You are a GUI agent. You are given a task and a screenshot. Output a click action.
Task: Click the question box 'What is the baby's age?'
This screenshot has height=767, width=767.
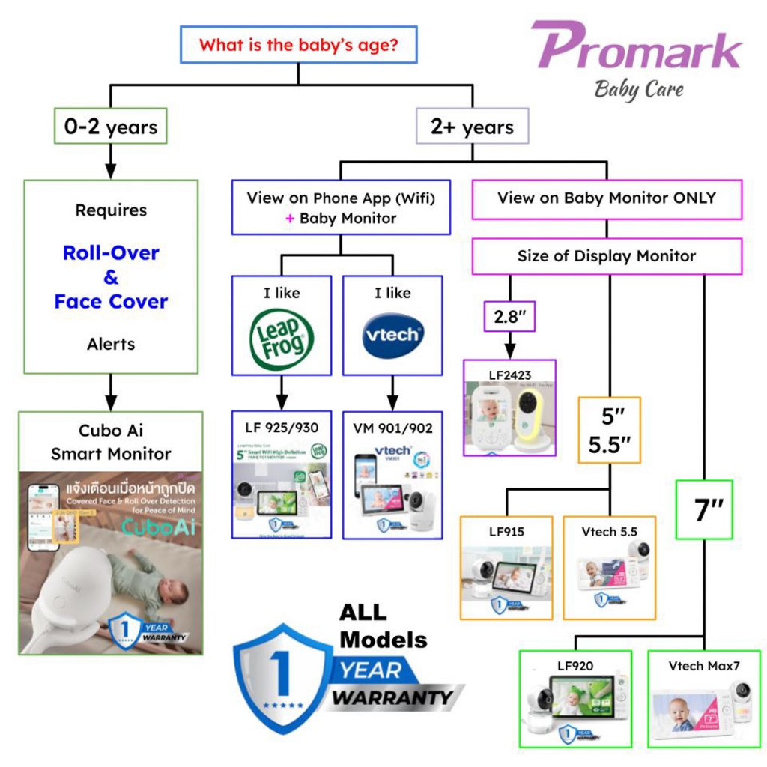click(x=298, y=45)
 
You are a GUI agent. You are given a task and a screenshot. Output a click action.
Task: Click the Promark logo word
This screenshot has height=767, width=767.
click(x=637, y=46)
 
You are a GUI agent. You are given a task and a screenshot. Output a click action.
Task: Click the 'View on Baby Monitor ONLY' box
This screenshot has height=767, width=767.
click(x=607, y=198)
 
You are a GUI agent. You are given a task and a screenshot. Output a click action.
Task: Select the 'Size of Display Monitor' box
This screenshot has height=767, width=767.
click(x=607, y=256)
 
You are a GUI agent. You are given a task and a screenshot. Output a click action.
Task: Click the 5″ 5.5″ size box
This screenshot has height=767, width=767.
click(x=609, y=430)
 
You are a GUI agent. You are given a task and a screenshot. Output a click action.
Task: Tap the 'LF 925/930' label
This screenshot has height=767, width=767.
click(x=281, y=428)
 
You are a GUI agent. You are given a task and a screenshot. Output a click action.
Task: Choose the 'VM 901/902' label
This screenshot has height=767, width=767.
click(x=392, y=428)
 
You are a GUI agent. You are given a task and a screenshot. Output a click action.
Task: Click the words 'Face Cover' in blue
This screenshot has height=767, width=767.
click(x=111, y=302)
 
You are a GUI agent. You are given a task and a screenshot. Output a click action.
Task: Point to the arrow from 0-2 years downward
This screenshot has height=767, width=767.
click(x=110, y=160)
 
